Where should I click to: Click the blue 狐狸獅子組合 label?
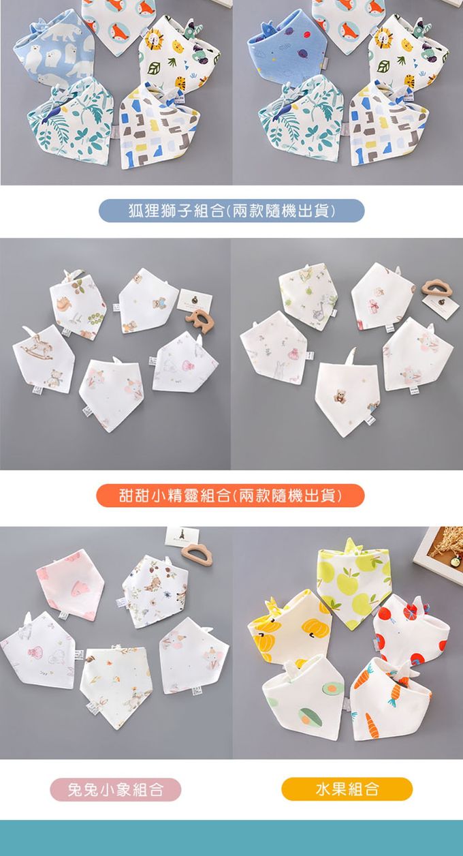tap(231, 211)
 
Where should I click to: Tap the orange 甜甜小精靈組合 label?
tap(230, 495)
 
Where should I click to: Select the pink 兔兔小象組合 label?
tap(116, 789)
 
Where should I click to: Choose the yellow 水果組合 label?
tap(347, 789)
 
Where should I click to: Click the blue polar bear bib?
tap(55, 50)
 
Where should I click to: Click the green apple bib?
tap(355, 583)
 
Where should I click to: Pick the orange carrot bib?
tap(392, 697)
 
